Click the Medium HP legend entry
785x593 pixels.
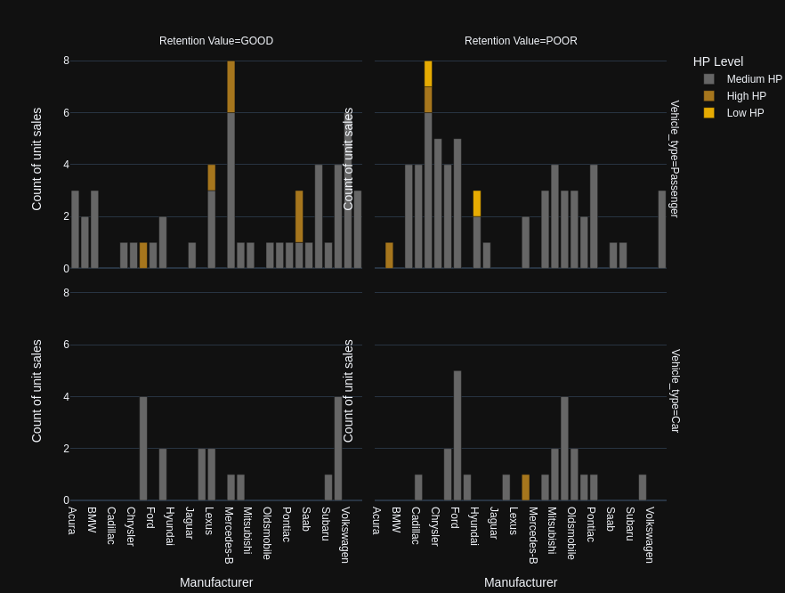[754, 79]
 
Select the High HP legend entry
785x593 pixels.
[746, 96]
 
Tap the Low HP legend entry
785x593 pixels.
[745, 113]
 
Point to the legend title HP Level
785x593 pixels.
[717, 61]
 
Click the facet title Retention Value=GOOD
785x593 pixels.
[216, 41]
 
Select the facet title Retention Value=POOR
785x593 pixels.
[521, 41]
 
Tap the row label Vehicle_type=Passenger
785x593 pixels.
[675, 159]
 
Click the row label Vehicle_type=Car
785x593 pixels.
[675, 391]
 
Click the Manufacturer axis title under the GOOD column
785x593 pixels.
[216, 582]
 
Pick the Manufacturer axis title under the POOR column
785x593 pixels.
[521, 582]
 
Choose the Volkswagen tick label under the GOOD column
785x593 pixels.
[345, 535]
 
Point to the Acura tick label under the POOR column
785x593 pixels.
[376, 521]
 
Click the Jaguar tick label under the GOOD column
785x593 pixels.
[190, 523]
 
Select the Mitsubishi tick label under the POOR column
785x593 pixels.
[552, 531]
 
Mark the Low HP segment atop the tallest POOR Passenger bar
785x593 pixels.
[428, 74]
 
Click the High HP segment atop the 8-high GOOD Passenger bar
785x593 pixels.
[231, 86]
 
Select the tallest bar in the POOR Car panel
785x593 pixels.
[457, 435]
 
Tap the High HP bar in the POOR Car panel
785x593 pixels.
[526, 487]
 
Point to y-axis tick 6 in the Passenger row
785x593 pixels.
[66, 113]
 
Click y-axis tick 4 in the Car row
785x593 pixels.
[66, 397]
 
